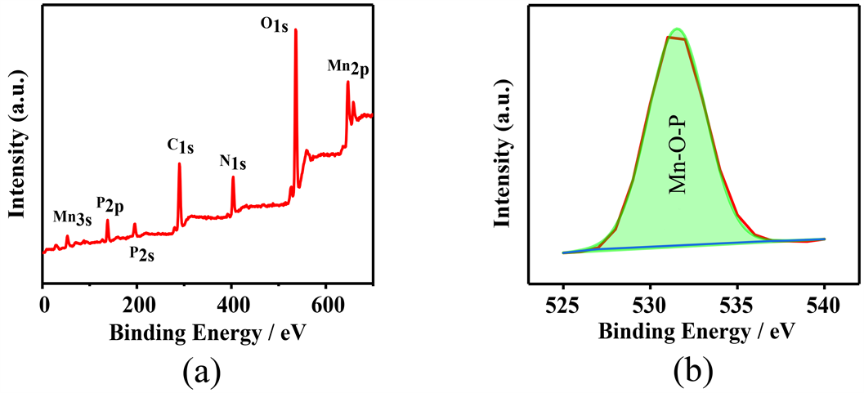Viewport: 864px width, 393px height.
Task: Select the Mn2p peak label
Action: (348, 67)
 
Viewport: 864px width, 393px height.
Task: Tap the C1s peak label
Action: (180, 147)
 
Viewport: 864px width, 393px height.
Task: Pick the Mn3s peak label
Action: (72, 217)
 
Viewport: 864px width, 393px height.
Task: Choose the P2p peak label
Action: (109, 204)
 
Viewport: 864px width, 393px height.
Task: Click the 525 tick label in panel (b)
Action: (563, 306)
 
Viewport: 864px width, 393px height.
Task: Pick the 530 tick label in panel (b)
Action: (650, 306)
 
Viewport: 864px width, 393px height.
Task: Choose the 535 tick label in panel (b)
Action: (737, 306)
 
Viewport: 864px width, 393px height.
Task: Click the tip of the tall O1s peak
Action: (295, 30)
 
